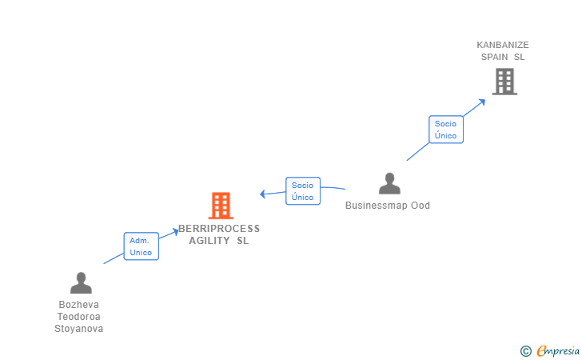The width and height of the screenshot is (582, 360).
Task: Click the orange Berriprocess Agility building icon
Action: point(221,206)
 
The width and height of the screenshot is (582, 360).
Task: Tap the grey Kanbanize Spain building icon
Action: point(504,81)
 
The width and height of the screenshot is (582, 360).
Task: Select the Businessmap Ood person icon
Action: point(389,184)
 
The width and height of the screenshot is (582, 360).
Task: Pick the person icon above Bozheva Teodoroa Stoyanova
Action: point(81,283)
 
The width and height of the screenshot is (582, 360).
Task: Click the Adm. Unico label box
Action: point(141,246)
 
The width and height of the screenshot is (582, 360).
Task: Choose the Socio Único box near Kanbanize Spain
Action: point(445,130)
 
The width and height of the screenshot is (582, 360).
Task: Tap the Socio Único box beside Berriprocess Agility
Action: point(302,191)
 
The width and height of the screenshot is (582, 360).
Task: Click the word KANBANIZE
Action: point(503,46)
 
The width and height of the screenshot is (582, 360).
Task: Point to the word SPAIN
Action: point(496,57)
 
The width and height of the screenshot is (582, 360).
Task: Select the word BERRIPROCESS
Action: point(219,229)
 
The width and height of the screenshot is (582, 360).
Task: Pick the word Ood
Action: point(421,206)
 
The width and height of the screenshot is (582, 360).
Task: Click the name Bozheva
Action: point(79,305)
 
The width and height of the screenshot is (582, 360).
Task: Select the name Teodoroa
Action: point(79,316)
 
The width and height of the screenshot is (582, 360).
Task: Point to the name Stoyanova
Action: point(79,328)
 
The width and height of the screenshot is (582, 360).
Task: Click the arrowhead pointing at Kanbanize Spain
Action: point(482,101)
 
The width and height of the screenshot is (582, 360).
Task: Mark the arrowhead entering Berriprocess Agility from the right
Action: point(263,194)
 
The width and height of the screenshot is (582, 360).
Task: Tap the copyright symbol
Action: point(525,350)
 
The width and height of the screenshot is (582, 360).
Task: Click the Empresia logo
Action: point(558,350)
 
